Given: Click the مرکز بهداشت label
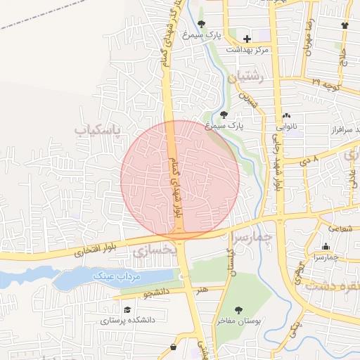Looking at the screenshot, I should (247, 50).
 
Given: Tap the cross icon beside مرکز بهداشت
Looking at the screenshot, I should (247, 38).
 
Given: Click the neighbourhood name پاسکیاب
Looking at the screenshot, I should (98, 130).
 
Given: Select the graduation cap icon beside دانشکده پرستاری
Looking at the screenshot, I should (127, 309).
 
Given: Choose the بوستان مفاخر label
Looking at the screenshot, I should (239, 321).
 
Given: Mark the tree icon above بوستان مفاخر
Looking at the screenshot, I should (239, 309).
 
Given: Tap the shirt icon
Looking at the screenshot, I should (344, 26).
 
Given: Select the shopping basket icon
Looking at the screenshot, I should (174, 347).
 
